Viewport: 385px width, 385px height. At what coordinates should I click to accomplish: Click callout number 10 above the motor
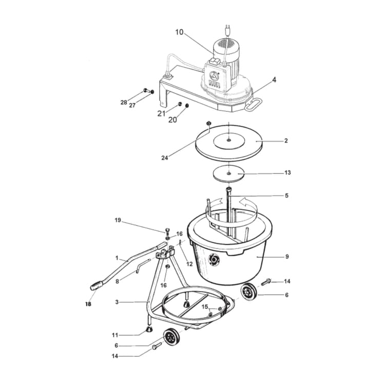(179, 32)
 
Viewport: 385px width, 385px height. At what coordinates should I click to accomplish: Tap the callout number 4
(274, 80)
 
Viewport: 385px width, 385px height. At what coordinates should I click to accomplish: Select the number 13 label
(287, 173)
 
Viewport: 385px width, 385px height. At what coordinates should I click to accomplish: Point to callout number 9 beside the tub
(287, 256)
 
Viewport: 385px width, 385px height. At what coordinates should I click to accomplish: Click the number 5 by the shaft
(287, 196)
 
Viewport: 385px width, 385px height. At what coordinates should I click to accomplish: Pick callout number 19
(118, 220)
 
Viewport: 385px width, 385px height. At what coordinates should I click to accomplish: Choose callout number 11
(115, 335)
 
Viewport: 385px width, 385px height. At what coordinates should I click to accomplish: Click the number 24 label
(164, 158)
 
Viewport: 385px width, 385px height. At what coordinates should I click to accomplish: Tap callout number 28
(124, 103)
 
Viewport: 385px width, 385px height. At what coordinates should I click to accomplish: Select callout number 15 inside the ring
(205, 306)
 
